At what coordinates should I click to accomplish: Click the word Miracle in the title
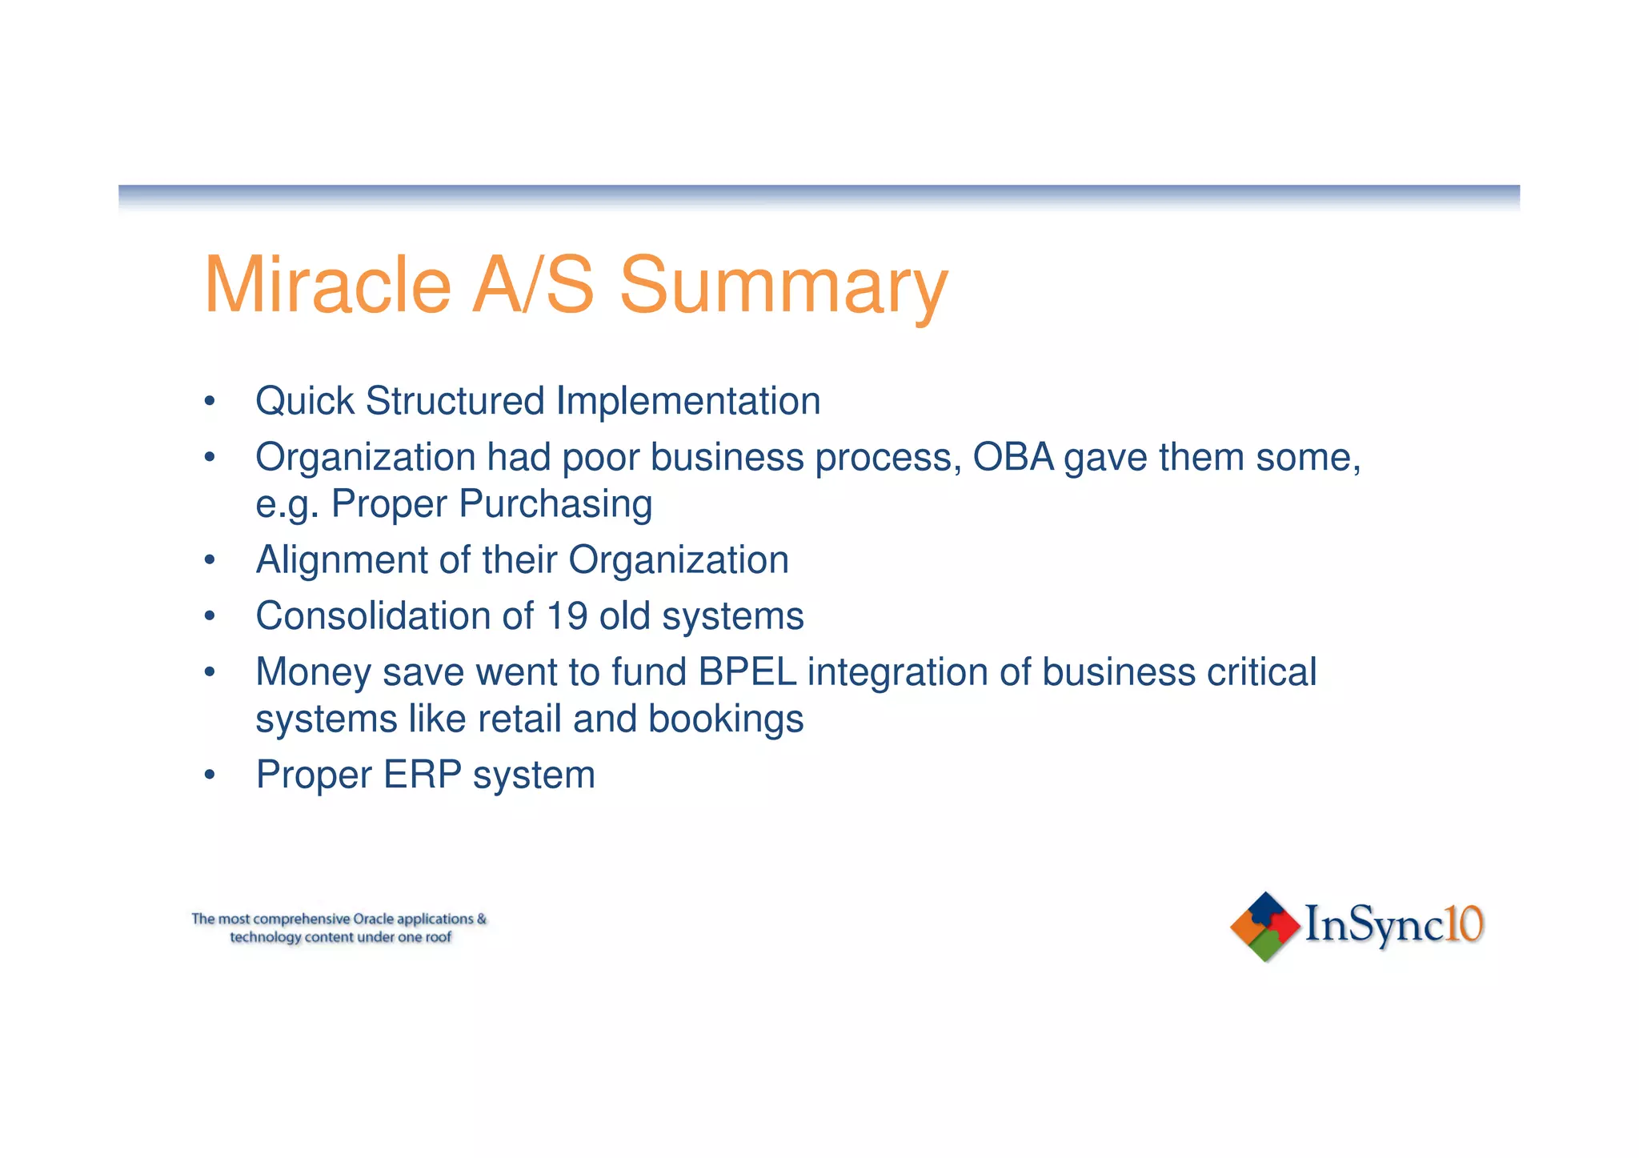click(327, 285)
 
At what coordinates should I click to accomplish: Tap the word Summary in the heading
click(783, 285)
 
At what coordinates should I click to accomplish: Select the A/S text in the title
click(533, 285)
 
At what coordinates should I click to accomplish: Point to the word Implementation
click(688, 401)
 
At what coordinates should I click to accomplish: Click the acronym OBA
click(1013, 457)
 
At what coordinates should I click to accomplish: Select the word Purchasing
click(555, 504)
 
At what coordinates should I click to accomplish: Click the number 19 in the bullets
click(567, 616)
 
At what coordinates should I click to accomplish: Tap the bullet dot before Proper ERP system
click(210, 775)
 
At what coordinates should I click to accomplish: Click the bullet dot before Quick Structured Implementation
click(210, 401)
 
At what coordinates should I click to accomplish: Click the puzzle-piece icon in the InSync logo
click(1264, 926)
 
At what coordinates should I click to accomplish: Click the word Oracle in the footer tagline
click(373, 919)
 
